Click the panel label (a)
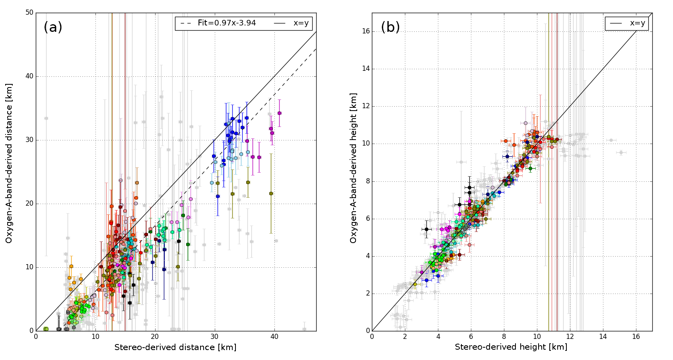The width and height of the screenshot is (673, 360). coord(53,27)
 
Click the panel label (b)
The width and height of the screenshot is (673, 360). coord(390,27)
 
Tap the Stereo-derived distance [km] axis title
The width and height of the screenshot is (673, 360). coord(175,347)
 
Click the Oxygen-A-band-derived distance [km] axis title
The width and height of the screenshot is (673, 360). coord(9,163)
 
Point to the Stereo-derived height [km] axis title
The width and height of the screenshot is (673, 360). coord(511,347)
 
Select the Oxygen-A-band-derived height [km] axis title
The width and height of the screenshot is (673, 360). coord(353,168)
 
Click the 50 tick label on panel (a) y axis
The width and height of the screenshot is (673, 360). coord(29,13)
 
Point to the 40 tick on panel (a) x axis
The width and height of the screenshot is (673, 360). coord(274,337)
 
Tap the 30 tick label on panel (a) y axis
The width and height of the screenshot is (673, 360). coord(29,140)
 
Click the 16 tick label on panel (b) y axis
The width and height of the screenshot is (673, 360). coord(366,31)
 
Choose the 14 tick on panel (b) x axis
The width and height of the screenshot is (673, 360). coord(603,337)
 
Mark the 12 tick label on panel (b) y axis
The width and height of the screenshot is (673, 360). coord(366,106)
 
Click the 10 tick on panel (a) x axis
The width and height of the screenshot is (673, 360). coord(95,337)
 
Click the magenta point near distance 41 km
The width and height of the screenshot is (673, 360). coord(279,113)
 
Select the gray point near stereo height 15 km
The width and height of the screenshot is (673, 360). coord(620,152)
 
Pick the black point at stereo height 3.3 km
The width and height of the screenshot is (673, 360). coord(426,229)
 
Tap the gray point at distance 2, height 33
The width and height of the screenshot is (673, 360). coord(46,118)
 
